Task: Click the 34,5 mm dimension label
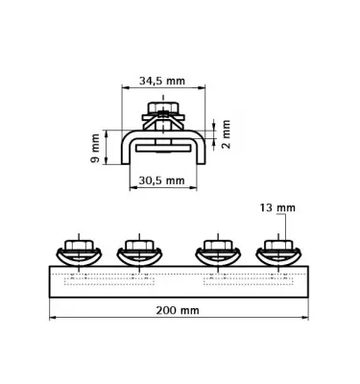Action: point(162,81)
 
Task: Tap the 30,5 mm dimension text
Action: point(161,180)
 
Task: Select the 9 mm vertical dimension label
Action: point(95,148)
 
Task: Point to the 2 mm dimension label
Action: point(226,134)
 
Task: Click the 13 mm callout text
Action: point(277,208)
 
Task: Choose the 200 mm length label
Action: point(178,310)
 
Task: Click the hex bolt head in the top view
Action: point(163,108)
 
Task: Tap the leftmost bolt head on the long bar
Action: point(79,246)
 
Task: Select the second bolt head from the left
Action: point(139,246)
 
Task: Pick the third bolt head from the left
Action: point(218,246)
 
